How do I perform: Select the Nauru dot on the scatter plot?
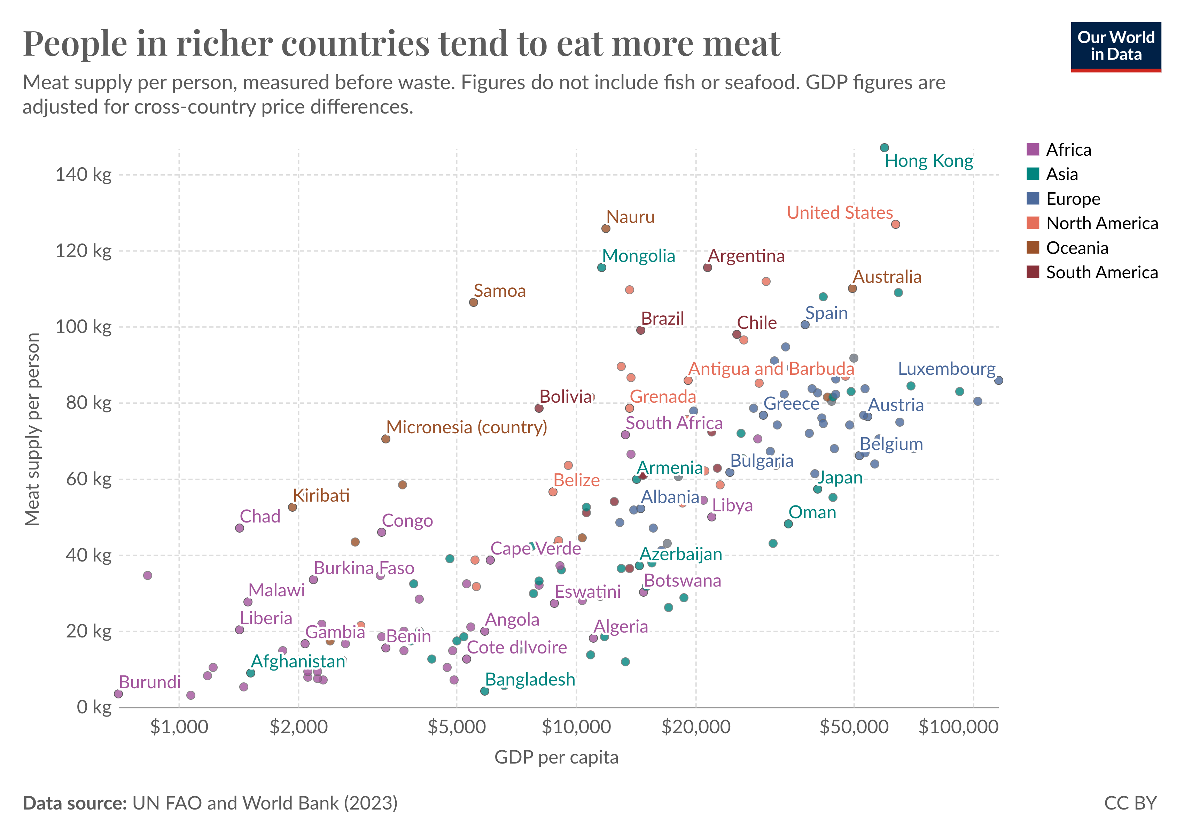[x=606, y=229]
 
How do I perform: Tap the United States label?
[x=840, y=212]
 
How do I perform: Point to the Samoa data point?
[x=473, y=302]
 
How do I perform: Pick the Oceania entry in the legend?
[x=1077, y=248]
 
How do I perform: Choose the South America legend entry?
[x=1101, y=272]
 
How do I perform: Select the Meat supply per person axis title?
[x=32, y=429]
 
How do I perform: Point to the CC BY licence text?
[x=1130, y=803]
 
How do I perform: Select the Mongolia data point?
[x=601, y=268]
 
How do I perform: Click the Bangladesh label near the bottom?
[x=530, y=680]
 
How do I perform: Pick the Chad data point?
[x=239, y=528]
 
